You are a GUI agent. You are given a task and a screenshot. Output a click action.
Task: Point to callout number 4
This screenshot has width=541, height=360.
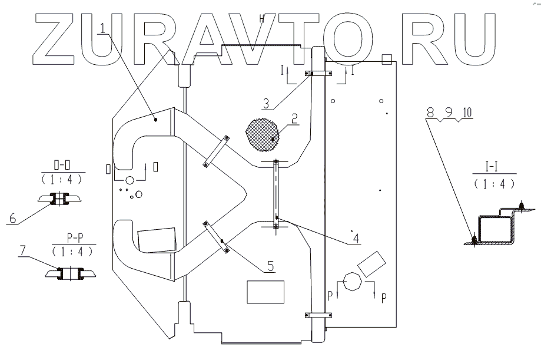tap(356, 239)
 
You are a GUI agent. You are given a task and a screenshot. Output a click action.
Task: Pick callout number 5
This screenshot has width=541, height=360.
tap(270, 266)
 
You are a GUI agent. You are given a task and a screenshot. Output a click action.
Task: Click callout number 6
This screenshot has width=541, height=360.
tap(12, 218)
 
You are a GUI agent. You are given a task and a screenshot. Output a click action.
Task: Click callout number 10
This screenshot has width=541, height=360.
tap(467, 112)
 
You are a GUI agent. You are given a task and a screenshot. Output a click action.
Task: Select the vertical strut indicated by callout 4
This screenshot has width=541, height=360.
tap(276, 192)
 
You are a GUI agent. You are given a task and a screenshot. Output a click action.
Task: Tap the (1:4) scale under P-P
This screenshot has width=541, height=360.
tap(73, 251)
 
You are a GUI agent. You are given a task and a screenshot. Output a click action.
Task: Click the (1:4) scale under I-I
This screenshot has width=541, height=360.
tap(493, 183)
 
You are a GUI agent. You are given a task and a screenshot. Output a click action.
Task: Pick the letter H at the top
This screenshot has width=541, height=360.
tap(263, 18)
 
